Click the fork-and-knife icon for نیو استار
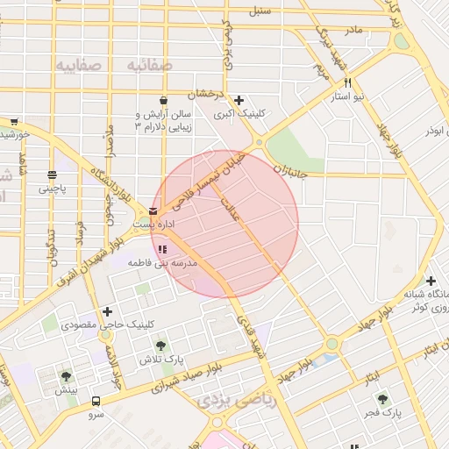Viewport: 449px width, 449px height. tap(349, 82)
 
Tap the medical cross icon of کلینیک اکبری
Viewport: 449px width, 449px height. tap(239, 100)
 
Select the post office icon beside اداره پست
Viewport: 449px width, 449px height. tap(153, 210)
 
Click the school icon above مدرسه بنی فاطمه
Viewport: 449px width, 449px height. tap(162, 250)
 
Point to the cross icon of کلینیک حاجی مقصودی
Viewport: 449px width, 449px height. tap(107, 311)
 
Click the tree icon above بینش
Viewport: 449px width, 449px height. tap(66, 376)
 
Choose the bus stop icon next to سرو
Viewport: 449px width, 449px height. tap(96, 401)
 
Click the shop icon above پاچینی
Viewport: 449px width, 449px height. tap(52, 175)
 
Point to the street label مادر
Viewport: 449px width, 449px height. tap(353, 31)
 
